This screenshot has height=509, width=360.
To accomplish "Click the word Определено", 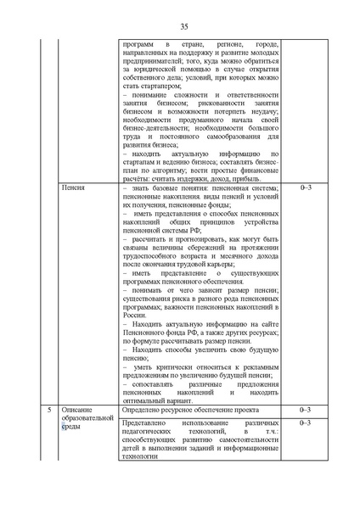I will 141,409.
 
